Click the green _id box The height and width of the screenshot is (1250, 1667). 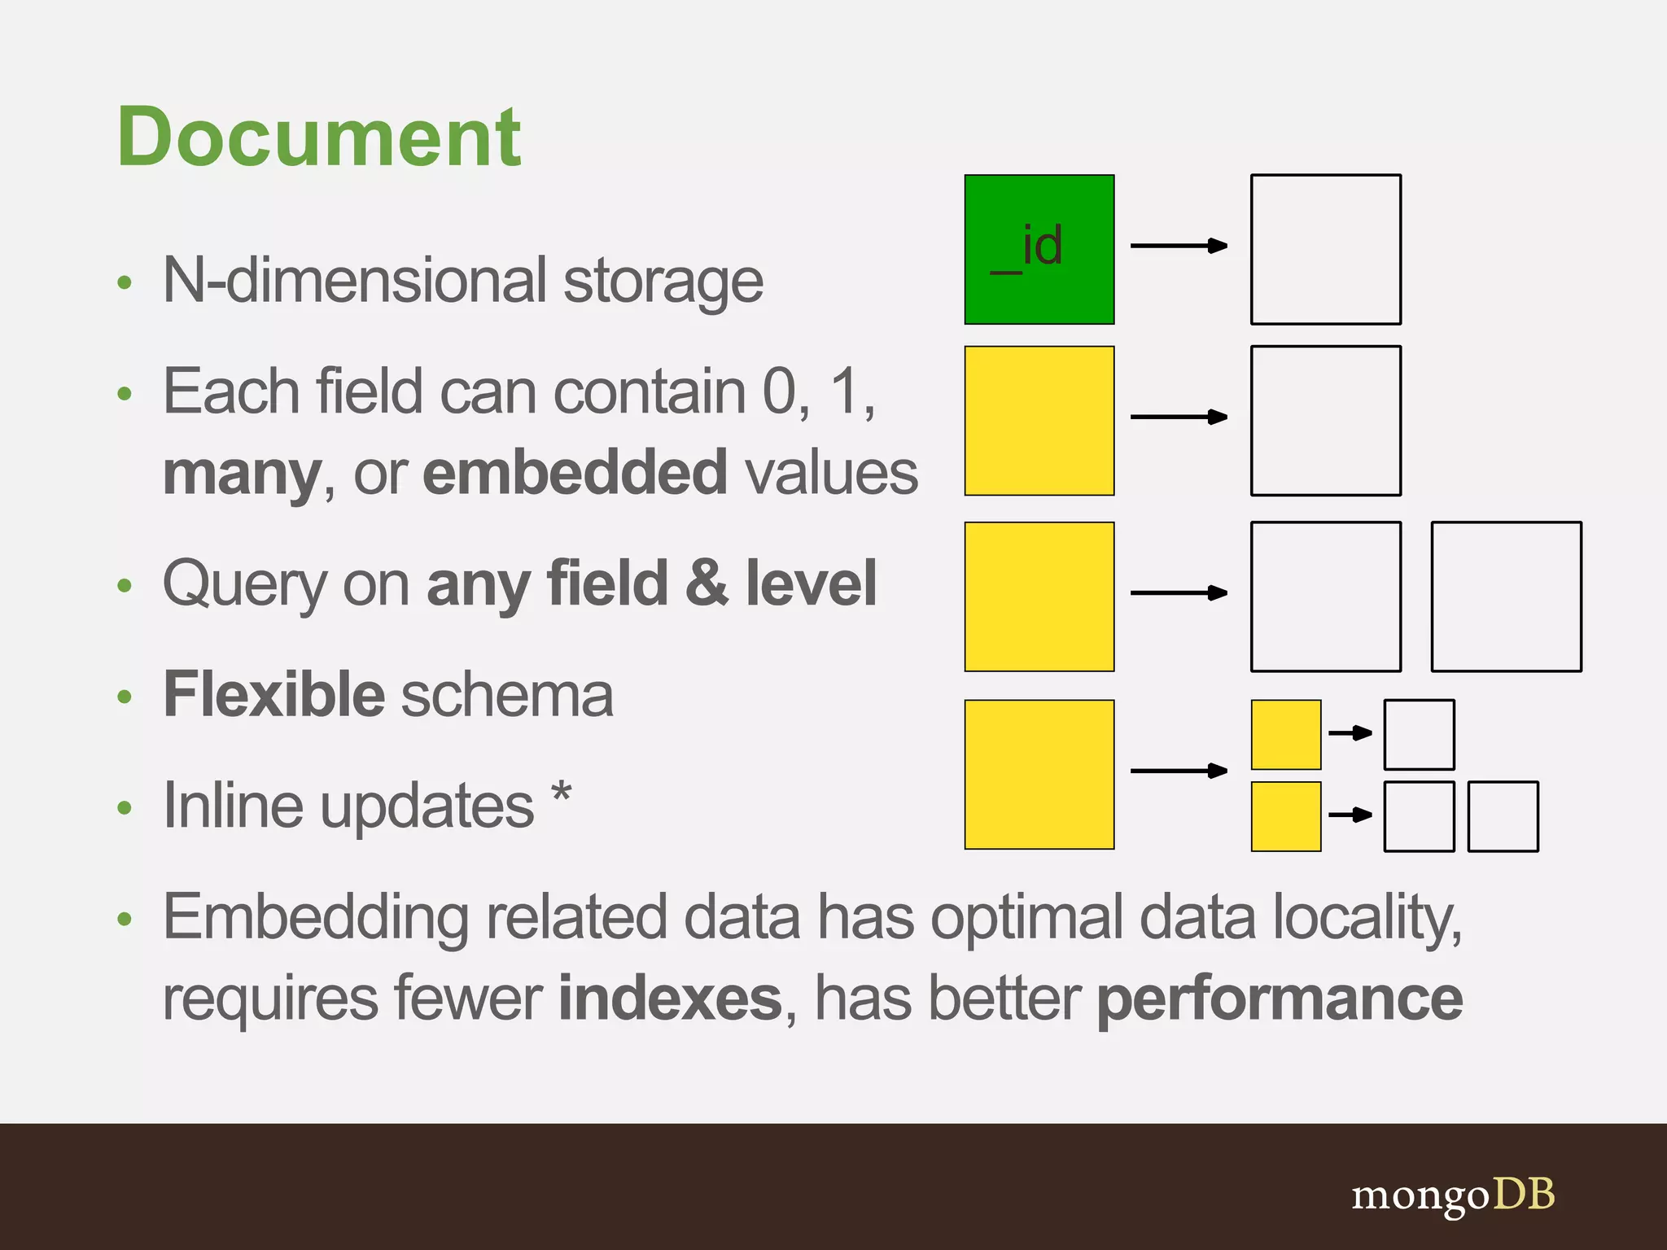pyautogui.click(x=1039, y=249)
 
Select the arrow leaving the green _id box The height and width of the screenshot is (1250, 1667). pyautogui.click(x=1179, y=245)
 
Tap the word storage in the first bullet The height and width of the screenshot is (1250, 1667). pyautogui.click(x=663, y=282)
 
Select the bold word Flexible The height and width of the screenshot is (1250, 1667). pyautogui.click(x=273, y=695)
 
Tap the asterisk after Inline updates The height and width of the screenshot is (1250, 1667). pyautogui.click(x=561, y=793)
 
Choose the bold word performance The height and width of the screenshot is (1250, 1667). pyautogui.click(x=1280, y=999)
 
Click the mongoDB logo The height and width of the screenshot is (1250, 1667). pyautogui.click(x=1453, y=1195)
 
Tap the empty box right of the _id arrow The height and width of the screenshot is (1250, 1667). pyautogui.click(x=1325, y=249)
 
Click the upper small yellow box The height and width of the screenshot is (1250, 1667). pyautogui.click(x=1285, y=734)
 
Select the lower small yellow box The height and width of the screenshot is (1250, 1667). pyautogui.click(x=1285, y=816)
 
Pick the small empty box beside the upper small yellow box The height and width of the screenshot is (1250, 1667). pyautogui.click(x=1419, y=734)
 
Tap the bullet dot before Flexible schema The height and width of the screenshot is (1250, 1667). pyautogui.click(x=125, y=697)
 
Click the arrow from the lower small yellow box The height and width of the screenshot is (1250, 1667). pyautogui.click(x=1350, y=815)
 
